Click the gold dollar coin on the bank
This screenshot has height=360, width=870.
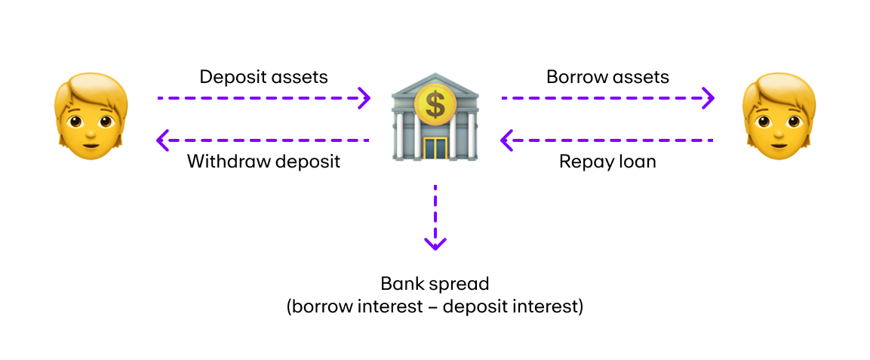[435, 104]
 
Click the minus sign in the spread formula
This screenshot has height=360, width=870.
[437, 308]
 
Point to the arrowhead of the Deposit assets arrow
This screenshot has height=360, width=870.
[364, 97]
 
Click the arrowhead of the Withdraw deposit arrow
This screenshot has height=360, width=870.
[161, 140]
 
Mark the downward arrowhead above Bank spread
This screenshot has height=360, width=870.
[435, 243]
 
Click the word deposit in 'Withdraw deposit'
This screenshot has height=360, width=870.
[305, 162]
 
